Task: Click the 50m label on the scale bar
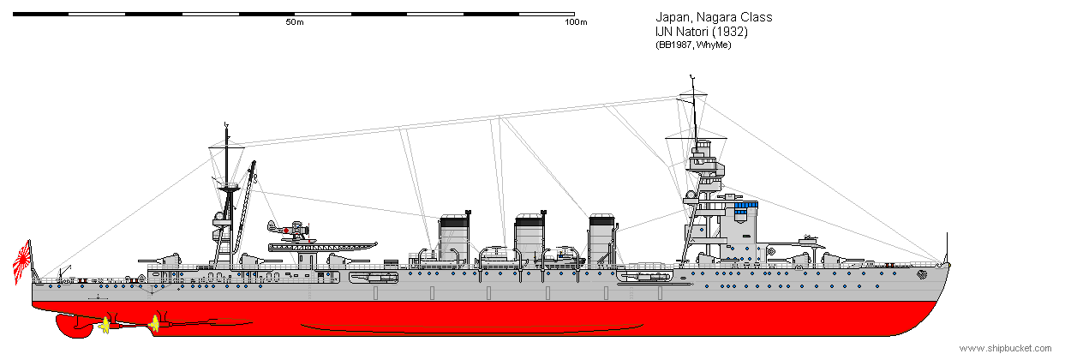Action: [x=295, y=22]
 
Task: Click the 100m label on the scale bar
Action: [x=576, y=22]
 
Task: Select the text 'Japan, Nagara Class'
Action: [x=714, y=17]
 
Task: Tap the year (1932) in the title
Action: [x=730, y=32]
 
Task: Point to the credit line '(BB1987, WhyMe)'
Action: [x=693, y=45]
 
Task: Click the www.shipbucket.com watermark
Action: [x=1005, y=348]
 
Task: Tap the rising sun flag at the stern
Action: [x=22, y=262]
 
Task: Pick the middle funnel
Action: [x=530, y=237]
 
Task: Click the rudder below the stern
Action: [x=73, y=325]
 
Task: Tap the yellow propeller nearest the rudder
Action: [x=105, y=326]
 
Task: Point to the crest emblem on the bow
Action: [x=922, y=274]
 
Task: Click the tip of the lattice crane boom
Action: [x=254, y=163]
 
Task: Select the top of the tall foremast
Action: [x=691, y=76]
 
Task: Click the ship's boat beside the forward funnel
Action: [x=560, y=259]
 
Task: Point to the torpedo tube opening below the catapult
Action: [x=374, y=278]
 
